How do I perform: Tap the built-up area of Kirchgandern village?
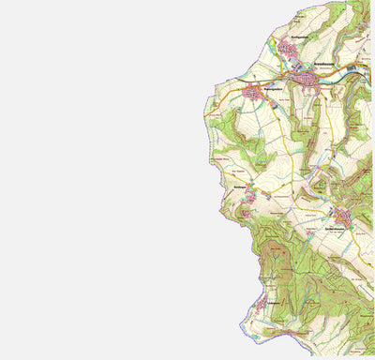coord(285,46)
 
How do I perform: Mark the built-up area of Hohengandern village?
coord(253,93)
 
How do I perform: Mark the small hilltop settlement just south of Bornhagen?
coord(246,214)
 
